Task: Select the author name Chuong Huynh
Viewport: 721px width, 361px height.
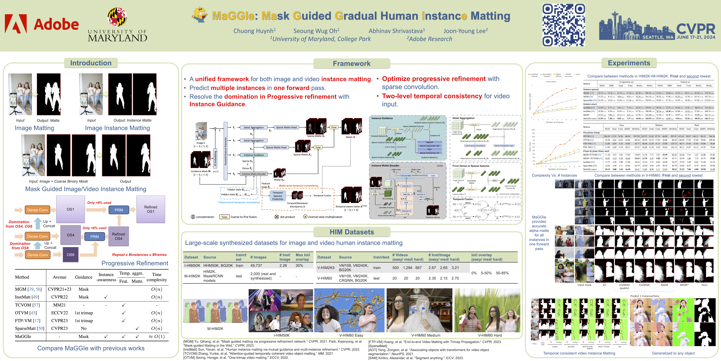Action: pyautogui.click(x=254, y=31)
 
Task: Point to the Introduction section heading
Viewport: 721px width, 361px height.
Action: pyautogui.click(x=91, y=63)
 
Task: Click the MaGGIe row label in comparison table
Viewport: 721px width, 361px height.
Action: pyautogui.click(x=23, y=336)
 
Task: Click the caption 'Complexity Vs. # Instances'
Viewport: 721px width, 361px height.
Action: pyautogui.click(x=554, y=175)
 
